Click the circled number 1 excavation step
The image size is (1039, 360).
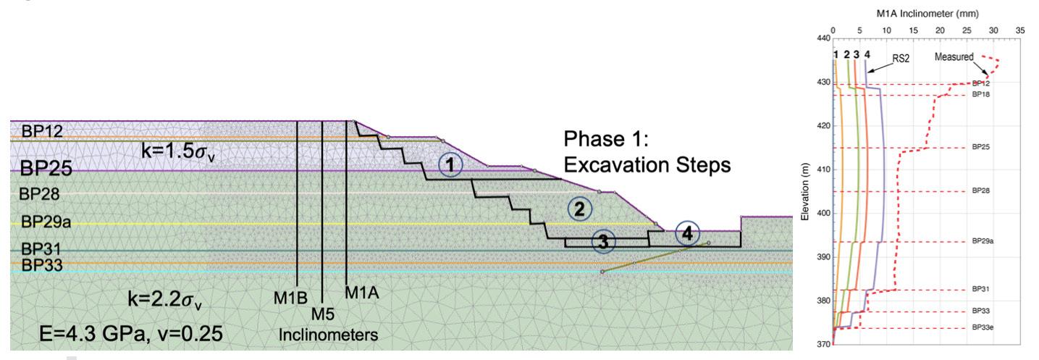(x=450, y=165)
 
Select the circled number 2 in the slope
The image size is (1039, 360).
(x=579, y=209)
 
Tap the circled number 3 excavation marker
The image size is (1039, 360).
(x=602, y=242)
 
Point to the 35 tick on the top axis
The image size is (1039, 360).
(x=1019, y=31)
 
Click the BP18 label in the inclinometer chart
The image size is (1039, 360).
(x=981, y=94)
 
